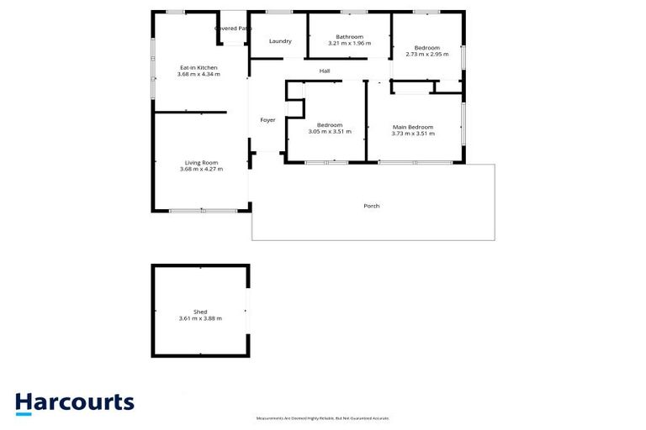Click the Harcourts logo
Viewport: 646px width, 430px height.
pyautogui.click(x=75, y=403)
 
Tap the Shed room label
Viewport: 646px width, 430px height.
pyautogui.click(x=199, y=312)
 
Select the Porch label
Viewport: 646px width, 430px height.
pyautogui.click(x=371, y=206)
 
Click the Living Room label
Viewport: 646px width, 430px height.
pyautogui.click(x=202, y=162)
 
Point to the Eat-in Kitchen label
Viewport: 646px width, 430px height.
pyautogui.click(x=199, y=67)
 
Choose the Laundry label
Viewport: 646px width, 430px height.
pyautogui.click(x=280, y=41)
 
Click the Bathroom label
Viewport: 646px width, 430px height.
pyautogui.click(x=349, y=36)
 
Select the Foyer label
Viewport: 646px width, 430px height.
pyautogui.click(x=267, y=120)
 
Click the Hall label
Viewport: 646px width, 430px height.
pyautogui.click(x=324, y=71)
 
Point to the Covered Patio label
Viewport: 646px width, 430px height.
pyautogui.click(x=233, y=28)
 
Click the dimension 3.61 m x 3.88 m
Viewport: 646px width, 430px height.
pyautogui.click(x=199, y=318)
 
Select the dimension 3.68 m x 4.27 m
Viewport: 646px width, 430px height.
pyautogui.click(x=202, y=169)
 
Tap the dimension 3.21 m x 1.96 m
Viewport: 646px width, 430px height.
pyautogui.click(x=349, y=43)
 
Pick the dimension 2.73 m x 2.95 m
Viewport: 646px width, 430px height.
pyautogui.click(x=426, y=54)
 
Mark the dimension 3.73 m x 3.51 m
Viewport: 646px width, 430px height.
pyautogui.click(x=413, y=134)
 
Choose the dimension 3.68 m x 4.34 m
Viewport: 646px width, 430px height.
pyautogui.click(x=199, y=74)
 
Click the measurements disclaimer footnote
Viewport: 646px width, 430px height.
pyautogui.click(x=322, y=418)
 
